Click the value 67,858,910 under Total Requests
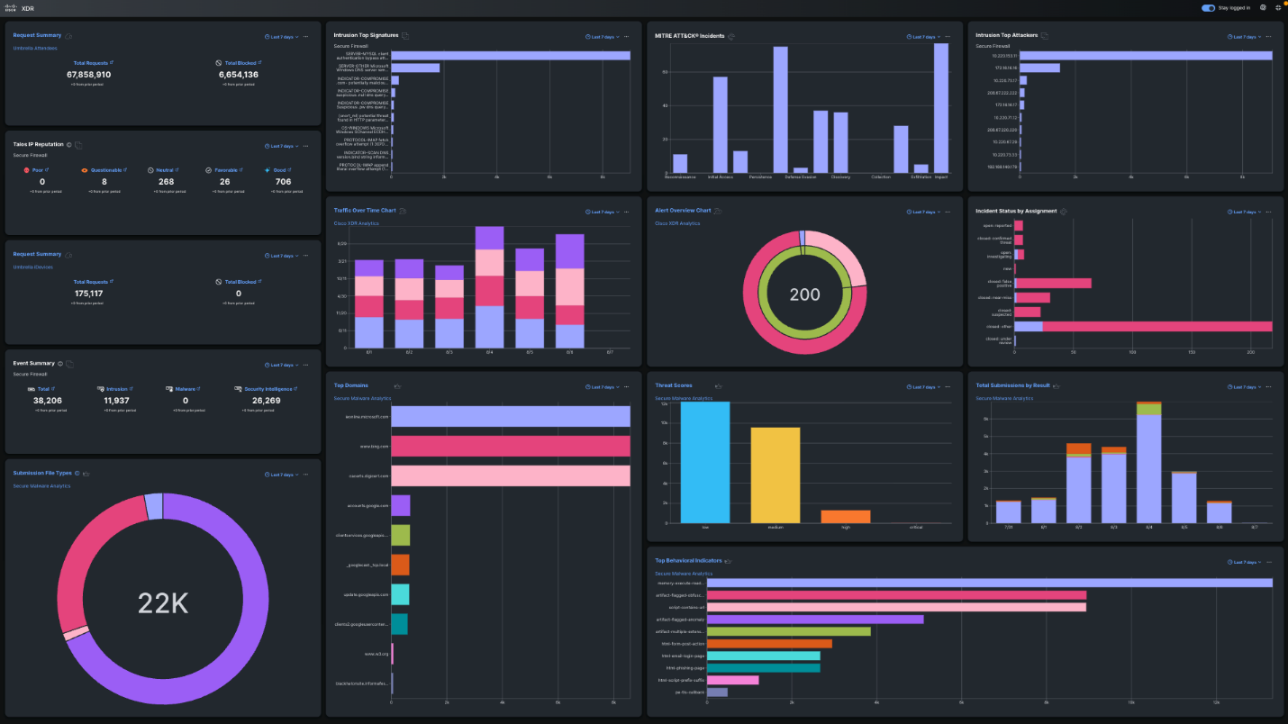pos(90,75)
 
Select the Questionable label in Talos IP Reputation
pos(106,169)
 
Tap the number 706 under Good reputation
pos(283,182)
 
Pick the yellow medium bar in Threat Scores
pos(776,475)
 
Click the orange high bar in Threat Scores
pos(845,516)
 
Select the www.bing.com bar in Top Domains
pos(511,446)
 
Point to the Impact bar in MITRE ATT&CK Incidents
pos(941,108)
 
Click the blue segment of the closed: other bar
pos(1028,326)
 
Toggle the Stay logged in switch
pos(1208,7)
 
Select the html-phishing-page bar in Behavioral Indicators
pos(763,668)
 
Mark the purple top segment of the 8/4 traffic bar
pos(489,238)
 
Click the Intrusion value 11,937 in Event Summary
pos(116,400)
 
